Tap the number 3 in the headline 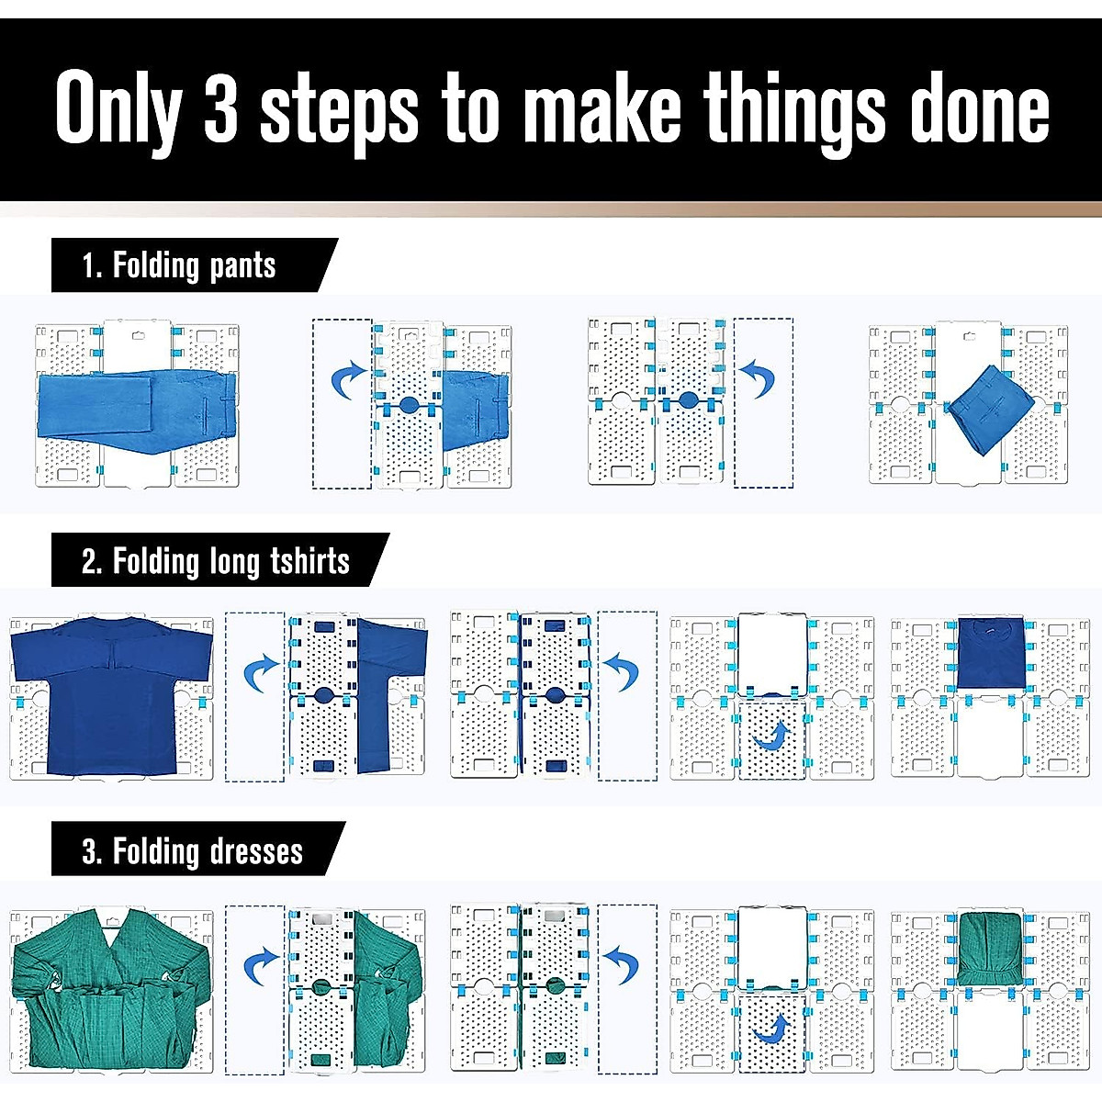point(221,108)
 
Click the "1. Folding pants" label point(180,266)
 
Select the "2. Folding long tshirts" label point(216,561)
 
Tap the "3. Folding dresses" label point(193,851)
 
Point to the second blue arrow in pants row point(759,378)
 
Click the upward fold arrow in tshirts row point(772,736)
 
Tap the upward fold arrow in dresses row point(772,1029)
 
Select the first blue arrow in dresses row point(261,967)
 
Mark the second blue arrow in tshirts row point(622,671)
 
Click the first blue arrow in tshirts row point(261,674)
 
